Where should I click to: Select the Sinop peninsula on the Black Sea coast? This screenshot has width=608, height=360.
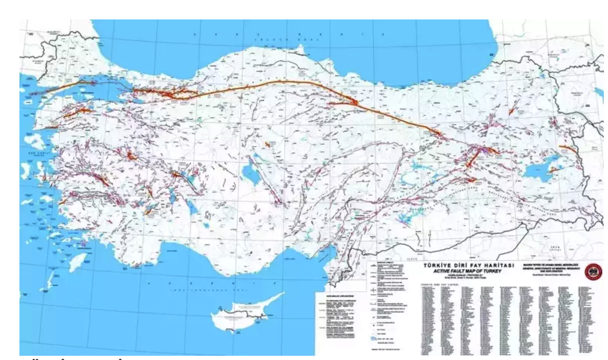[x=300, y=55]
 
